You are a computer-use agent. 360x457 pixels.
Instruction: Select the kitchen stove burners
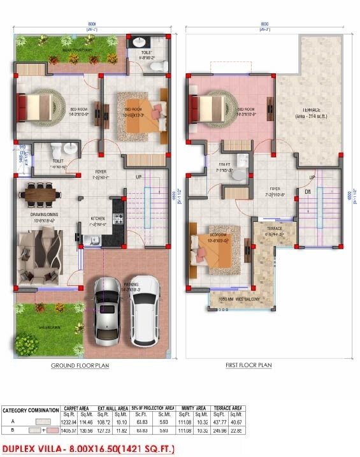118,219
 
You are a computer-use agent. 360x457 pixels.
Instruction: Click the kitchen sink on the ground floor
94,240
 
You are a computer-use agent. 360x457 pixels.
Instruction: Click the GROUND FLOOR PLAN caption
80,366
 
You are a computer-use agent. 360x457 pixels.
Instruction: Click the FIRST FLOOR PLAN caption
249,365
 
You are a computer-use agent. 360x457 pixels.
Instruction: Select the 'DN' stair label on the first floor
306,191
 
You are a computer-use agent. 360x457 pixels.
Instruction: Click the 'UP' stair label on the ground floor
139,176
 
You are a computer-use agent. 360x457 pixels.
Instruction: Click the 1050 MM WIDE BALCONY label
239,299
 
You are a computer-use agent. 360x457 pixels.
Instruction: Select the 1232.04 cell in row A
69,422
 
